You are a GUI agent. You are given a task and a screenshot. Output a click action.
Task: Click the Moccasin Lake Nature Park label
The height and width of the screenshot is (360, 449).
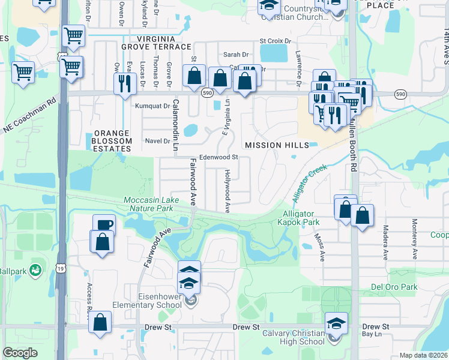click(148, 204)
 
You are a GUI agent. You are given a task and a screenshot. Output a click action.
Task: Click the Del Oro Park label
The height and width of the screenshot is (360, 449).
click(394, 287)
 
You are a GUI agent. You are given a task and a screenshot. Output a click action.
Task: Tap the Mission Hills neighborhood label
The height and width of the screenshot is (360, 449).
click(277, 145)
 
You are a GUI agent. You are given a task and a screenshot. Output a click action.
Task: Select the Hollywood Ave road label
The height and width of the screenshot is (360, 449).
click(228, 191)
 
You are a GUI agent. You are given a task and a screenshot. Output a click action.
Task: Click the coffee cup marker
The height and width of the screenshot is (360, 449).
click(104, 224)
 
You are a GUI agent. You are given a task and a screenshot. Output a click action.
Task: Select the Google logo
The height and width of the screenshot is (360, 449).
click(20, 353)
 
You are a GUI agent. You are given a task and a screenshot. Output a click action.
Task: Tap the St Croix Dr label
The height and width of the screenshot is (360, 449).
click(275, 41)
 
